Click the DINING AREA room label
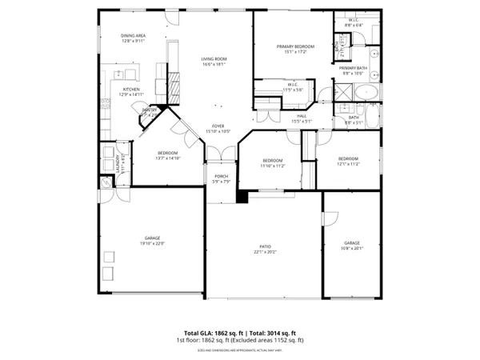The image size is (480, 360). pyautogui.click(x=132, y=35)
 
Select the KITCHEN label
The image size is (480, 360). pyautogui.click(x=131, y=89)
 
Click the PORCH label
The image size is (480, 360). pyautogui.click(x=221, y=176)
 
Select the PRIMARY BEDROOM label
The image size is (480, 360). pyautogui.click(x=295, y=46)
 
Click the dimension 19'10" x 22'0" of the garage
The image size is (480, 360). pyautogui.click(x=152, y=243)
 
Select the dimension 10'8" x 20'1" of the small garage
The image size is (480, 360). pyautogui.click(x=352, y=248)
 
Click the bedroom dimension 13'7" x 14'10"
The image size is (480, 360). pyautogui.click(x=167, y=158)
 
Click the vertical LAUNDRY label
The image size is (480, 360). pyautogui.click(x=118, y=164)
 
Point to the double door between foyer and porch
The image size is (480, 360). pyautogui.click(x=220, y=154)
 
